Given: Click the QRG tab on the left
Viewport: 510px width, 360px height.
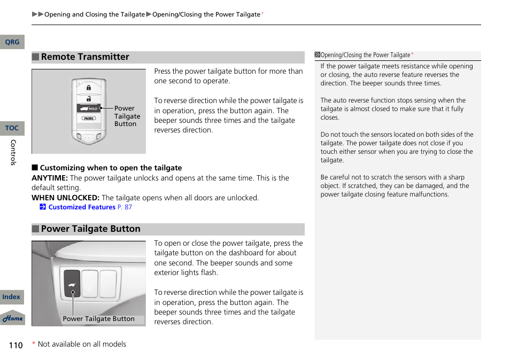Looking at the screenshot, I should pyautogui.click(x=12, y=42).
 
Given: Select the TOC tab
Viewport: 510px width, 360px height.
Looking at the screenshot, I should pyautogui.click(x=12, y=128).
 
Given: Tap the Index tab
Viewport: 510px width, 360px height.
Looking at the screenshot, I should pyautogui.click(x=11, y=297).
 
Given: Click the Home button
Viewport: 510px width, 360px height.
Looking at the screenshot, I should pyautogui.click(x=12, y=318).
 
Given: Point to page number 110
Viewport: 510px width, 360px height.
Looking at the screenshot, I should pyautogui.click(x=16, y=345).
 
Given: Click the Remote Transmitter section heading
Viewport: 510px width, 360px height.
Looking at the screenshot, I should pyautogui.click(x=85, y=57).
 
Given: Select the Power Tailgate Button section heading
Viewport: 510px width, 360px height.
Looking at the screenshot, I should pyautogui.click(x=90, y=229).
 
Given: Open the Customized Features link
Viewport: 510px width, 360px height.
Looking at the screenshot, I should pyautogui.click(x=82, y=207).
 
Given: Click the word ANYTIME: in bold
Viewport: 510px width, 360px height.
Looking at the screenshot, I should pyautogui.click(x=50, y=178).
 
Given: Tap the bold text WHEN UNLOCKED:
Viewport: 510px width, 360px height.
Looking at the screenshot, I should pyautogui.click(x=65, y=198).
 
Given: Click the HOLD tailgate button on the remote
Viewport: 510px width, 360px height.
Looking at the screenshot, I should pyautogui.click(x=89, y=108).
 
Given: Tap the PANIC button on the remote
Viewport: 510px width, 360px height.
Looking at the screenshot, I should pyautogui.click(x=89, y=118).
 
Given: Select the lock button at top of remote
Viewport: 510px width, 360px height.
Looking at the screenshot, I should pyautogui.click(x=89, y=87).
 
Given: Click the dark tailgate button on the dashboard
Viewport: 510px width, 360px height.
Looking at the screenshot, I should pyautogui.click(x=72, y=283).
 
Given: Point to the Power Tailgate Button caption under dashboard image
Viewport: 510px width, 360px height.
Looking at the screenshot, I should pyautogui.click(x=99, y=319).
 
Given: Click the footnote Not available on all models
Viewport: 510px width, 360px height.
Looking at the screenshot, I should pyautogui.click(x=82, y=345).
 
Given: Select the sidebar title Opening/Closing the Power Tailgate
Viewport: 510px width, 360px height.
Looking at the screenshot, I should pyautogui.click(x=365, y=55).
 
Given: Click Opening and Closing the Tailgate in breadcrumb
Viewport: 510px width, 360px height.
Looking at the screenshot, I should pyautogui.click(x=95, y=14).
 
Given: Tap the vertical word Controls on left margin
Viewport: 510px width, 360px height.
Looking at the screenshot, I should pyautogui.click(x=14, y=152).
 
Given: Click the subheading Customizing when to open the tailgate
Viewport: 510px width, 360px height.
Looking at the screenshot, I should pyautogui.click(x=111, y=168).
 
